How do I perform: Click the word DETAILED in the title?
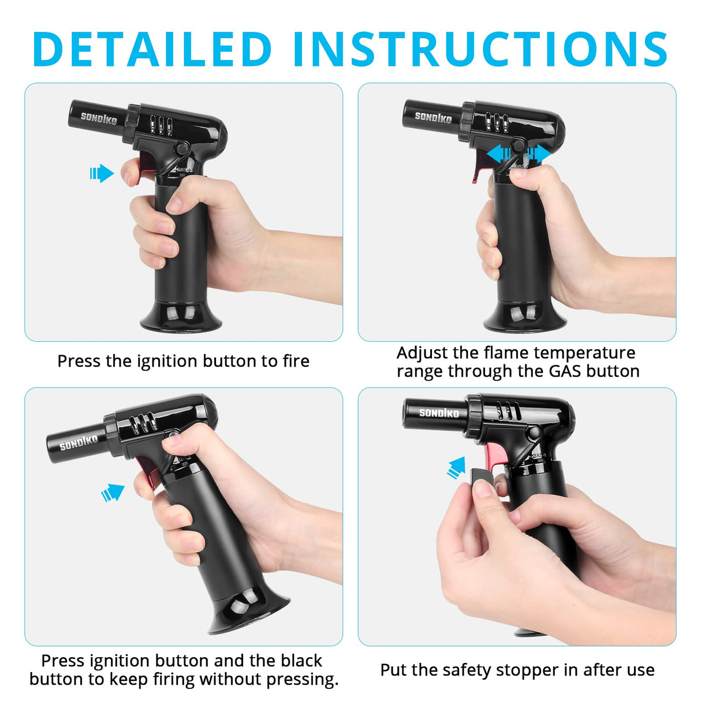pos(153,49)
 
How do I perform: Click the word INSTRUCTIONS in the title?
pos(480,49)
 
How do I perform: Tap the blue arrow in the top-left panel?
pos(102,173)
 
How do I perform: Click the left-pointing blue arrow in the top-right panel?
pos(499,153)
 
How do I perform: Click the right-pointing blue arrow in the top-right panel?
pos(539,153)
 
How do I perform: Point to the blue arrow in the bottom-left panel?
pos(113,493)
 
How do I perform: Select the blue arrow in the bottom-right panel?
pos(456,468)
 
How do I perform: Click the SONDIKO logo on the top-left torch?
pos(99,118)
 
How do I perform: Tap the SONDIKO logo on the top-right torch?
pos(433,117)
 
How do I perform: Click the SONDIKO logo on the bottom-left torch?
pos(79,442)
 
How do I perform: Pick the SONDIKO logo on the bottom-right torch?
pos(439,413)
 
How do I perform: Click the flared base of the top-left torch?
pos(181,316)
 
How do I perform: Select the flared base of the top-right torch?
pos(524,316)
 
